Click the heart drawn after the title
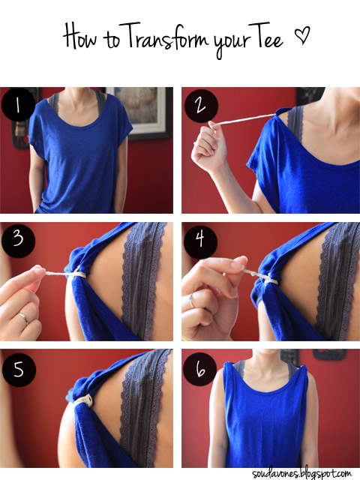coord(301,34)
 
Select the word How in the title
coord(79,36)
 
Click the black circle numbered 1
coord(18,105)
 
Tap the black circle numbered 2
coord(201,106)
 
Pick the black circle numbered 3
coord(18,240)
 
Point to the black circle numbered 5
coord(19,370)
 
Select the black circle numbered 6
coord(200,369)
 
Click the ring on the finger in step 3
coord(23,318)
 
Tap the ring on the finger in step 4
coord(191,301)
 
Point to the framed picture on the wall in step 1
coord(140,112)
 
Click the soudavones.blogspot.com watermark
coord(301,473)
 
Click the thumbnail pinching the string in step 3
coord(40,271)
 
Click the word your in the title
coord(230,41)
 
